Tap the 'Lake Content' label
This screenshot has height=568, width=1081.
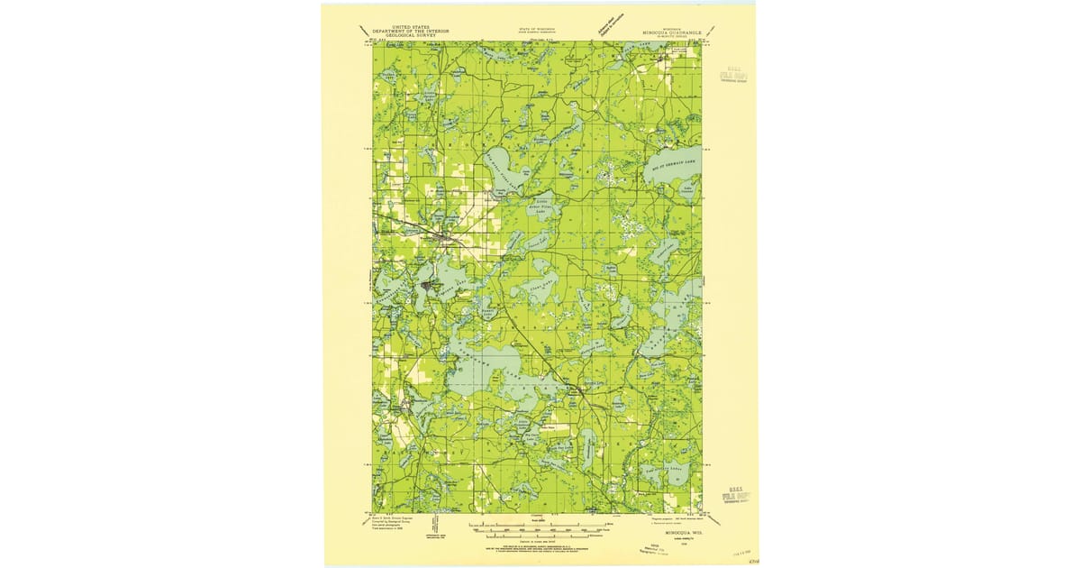[x=686, y=190]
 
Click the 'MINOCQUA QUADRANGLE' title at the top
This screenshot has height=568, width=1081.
[x=671, y=33]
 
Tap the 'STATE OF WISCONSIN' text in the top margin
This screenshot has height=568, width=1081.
[x=538, y=30]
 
